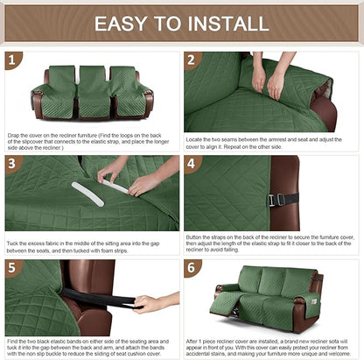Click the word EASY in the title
(124, 23)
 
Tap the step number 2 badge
(192, 60)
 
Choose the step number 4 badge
(192, 164)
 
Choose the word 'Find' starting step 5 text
(13, 339)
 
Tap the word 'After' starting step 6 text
(195, 339)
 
